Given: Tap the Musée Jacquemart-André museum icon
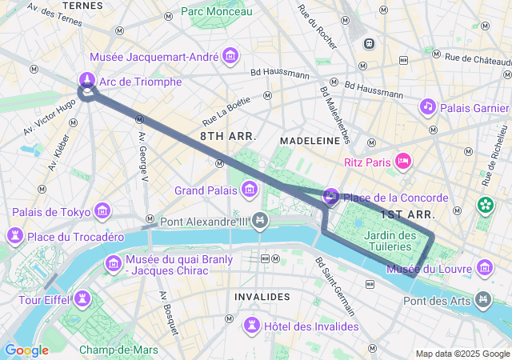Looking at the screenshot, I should coord(231,57).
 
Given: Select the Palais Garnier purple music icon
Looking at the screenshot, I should coord(428,106).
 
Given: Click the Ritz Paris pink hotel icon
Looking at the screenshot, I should coord(404,162).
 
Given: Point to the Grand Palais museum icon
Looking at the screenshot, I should coord(250,190).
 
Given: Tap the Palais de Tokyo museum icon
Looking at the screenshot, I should coord(102,211).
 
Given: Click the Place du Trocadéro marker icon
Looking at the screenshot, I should coord(14,237).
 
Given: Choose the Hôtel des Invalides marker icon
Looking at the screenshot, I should coord(252,326).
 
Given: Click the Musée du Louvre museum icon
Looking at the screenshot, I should coord(484,268).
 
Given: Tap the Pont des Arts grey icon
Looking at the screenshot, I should coord(484,300).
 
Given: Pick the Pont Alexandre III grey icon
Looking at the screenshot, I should coord(260,221).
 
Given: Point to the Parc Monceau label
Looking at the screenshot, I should coord(216,11).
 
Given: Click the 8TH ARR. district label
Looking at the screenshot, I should coord(228,137).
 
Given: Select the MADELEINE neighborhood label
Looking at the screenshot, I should coord(310,139).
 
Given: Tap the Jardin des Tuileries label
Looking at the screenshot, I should coord(390,241).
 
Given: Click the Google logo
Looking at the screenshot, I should coord(26,350).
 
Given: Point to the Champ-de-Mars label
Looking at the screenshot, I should coord(118,350).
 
